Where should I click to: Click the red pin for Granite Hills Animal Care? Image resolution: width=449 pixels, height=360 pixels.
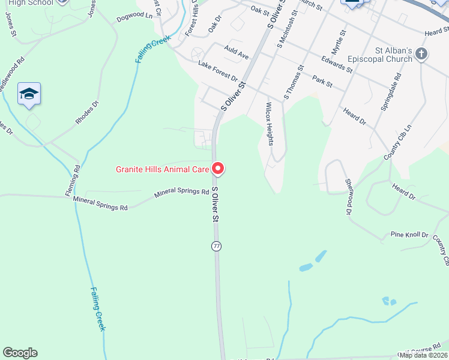pos(218,169)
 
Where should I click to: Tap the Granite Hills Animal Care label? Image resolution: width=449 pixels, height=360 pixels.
pos(162,169)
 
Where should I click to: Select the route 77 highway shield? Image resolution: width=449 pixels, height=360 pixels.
pos(216,246)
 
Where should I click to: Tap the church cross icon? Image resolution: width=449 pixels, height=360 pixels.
pos(421,54)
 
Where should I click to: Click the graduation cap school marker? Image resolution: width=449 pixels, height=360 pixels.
pos(29,94)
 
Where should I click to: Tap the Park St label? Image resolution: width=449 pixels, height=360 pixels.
pos(322,81)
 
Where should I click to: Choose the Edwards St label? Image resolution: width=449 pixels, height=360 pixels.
pos(337,64)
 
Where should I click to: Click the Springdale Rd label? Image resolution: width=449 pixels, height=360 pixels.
pos(391,91)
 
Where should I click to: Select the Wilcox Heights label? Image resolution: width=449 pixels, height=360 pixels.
pos(270,124)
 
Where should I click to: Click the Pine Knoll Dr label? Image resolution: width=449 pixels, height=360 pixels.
pos(409,234)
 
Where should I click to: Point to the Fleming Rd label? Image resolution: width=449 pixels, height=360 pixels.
pos(73,180)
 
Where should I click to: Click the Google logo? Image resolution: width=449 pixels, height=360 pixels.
pos(20,353)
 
